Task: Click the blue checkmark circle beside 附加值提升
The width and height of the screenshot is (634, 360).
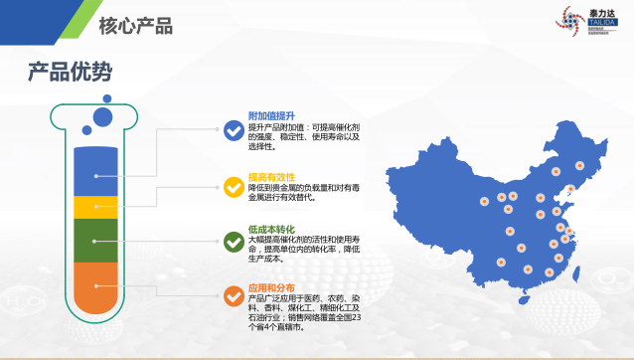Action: (x=234, y=129)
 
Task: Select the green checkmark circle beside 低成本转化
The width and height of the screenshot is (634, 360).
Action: (x=234, y=241)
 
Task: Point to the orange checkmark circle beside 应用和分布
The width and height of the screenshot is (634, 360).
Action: (x=234, y=295)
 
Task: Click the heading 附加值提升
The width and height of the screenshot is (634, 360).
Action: (x=271, y=116)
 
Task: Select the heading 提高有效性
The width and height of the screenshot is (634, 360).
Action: (x=271, y=176)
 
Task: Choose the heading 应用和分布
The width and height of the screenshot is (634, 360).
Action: (x=271, y=287)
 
